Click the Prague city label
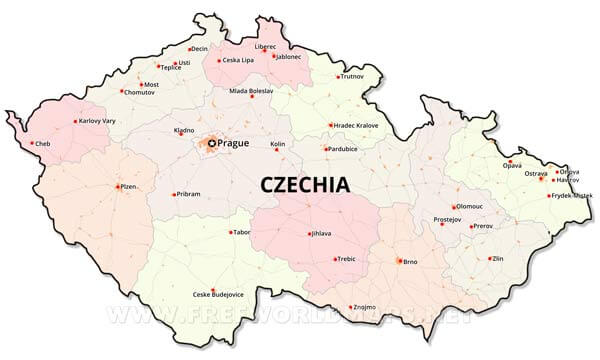[233, 143]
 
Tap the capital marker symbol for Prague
[211, 143]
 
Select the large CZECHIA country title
[305, 185]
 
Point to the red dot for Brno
[400, 261]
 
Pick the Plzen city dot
[118, 186]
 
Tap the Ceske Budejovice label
[218, 294]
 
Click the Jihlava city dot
[310, 235]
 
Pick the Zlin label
[501, 258]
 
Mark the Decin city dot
[189, 49]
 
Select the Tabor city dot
[229, 232]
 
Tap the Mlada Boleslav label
[251, 91]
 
